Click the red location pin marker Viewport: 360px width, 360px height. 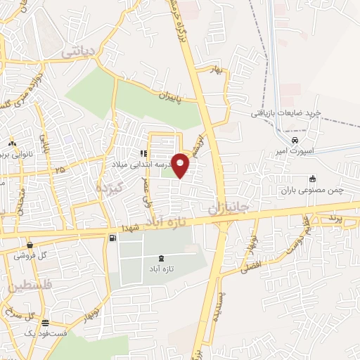[181, 165]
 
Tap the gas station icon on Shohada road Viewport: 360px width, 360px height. [112, 238]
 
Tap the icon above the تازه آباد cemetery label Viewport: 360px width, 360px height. [162, 257]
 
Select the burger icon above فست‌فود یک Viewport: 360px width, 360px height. [46, 323]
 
